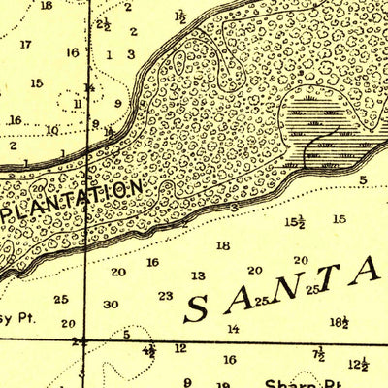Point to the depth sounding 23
point(165,296)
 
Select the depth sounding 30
point(111,305)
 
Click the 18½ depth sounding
point(339,322)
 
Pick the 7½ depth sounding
point(318,355)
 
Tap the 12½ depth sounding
point(358,365)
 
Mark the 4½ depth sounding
point(148,350)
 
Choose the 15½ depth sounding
point(295,222)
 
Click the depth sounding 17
point(25,44)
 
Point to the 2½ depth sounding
point(103,25)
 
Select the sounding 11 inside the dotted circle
point(77,104)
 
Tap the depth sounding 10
point(51,130)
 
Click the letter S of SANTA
point(197,308)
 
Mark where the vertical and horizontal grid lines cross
point(85,340)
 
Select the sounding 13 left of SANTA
point(198,276)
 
